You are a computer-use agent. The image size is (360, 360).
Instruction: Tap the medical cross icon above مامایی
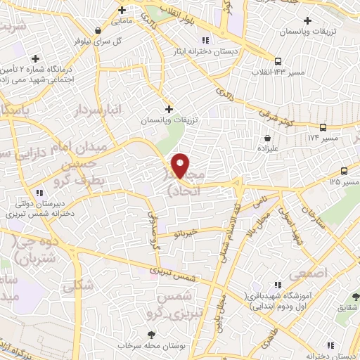pos(122,10)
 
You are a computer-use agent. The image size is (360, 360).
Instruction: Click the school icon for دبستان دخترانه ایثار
pos(205,40)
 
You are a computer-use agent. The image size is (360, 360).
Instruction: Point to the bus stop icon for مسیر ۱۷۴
pos(323,127)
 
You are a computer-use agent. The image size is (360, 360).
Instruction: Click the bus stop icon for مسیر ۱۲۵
pos(344,171)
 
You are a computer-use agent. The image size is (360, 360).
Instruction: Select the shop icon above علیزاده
pos(267,139)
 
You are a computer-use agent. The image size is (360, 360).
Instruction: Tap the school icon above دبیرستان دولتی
pos(39,192)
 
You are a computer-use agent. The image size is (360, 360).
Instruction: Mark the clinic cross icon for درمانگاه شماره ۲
pos(35,58)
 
